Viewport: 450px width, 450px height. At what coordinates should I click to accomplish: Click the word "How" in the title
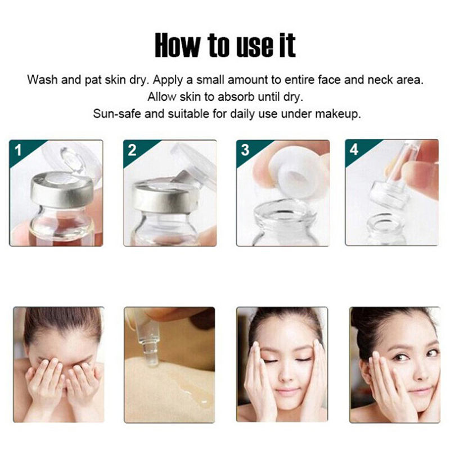[x=177, y=45]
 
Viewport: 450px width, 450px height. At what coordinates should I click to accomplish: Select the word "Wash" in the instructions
[x=42, y=79]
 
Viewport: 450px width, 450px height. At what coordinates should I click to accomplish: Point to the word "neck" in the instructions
[x=381, y=79]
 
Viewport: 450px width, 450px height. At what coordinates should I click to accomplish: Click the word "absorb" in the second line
[x=236, y=97]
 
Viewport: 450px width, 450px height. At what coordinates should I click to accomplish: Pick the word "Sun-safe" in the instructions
[x=117, y=114]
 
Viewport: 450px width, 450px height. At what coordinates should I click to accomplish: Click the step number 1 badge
[x=18, y=150]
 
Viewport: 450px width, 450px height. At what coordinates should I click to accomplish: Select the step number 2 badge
[x=132, y=150]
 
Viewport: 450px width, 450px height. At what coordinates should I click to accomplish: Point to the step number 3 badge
[x=245, y=150]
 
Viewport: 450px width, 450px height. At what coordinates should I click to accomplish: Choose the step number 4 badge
[x=354, y=150]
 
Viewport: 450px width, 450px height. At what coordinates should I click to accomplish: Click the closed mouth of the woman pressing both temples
[x=286, y=391]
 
